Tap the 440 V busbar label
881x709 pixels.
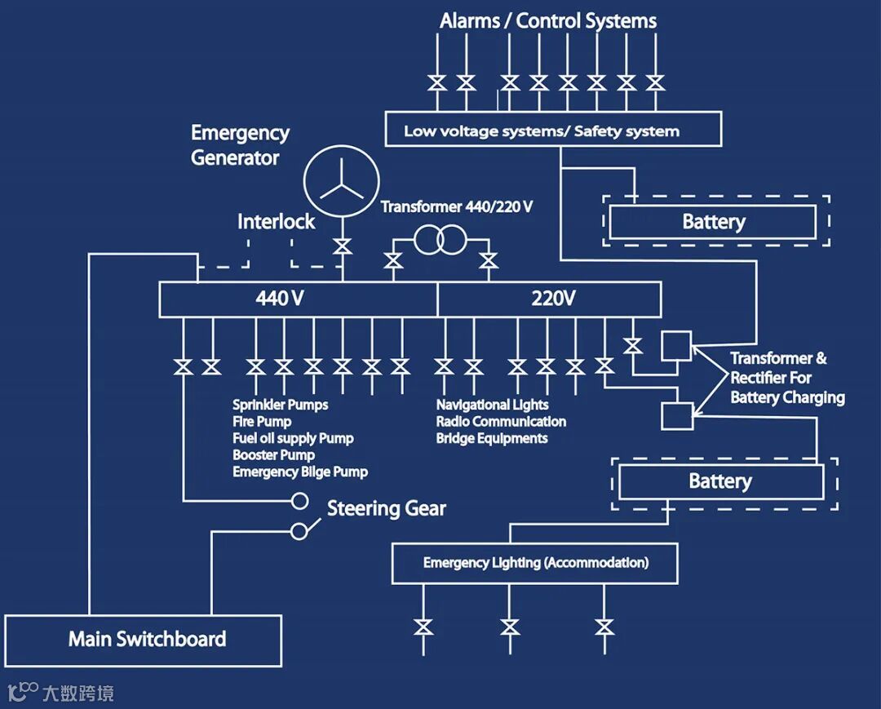pyautogui.click(x=280, y=299)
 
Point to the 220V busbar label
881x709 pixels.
pyautogui.click(x=553, y=299)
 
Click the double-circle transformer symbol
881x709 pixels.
pyautogui.click(x=440, y=240)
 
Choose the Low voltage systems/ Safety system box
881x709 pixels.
pyautogui.click(x=552, y=130)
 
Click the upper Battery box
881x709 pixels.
pyautogui.click(x=713, y=222)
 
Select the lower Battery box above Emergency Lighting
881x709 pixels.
pyautogui.click(x=720, y=481)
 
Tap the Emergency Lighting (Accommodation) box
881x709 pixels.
pyautogui.click(x=535, y=563)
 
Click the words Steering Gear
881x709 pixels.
pyautogui.click(x=386, y=509)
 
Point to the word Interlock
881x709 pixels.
pyautogui.click(x=276, y=221)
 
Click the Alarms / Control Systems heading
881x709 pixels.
pyautogui.click(x=548, y=21)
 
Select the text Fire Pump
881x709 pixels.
pyautogui.click(x=262, y=422)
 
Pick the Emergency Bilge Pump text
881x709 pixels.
pyautogui.click(x=299, y=472)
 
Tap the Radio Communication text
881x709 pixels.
pyautogui.click(x=501, y=422)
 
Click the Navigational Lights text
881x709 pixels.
pyautogui.click(x=492, y=405)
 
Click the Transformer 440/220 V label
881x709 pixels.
pyautogui.click(x=457, y=206)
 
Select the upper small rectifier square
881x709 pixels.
pyautogui.click(x=676, y=346)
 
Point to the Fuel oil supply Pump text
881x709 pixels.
pyautogui.click(x=293, y=438)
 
